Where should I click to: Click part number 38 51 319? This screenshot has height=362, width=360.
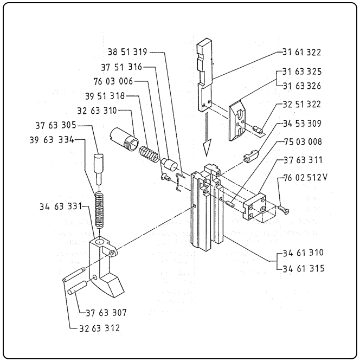(127, 52)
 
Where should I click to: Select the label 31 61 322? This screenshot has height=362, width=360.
(302, 52)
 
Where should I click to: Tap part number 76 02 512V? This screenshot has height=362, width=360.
(305, 178)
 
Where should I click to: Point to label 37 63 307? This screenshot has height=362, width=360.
(106, 313)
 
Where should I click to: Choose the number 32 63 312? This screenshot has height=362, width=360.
(100, 328)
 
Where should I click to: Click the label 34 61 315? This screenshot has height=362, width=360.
(304, 268)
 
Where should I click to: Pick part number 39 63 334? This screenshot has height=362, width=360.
(52, 140)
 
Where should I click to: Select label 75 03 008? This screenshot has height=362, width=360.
(303, 141)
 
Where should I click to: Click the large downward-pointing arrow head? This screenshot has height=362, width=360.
(207, 147)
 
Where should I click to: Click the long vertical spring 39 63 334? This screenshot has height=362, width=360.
(100, 210)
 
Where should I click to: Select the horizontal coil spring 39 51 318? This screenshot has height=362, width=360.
(149, 153)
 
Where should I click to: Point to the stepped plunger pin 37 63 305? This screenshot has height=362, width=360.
(99, 169)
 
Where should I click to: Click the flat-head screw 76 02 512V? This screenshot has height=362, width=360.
(283, 209)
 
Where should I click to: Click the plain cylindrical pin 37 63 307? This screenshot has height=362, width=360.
(77, 287)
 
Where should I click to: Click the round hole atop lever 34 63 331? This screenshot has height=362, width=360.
(100, 242)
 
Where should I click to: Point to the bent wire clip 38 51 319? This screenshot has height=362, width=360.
(178, 182)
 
